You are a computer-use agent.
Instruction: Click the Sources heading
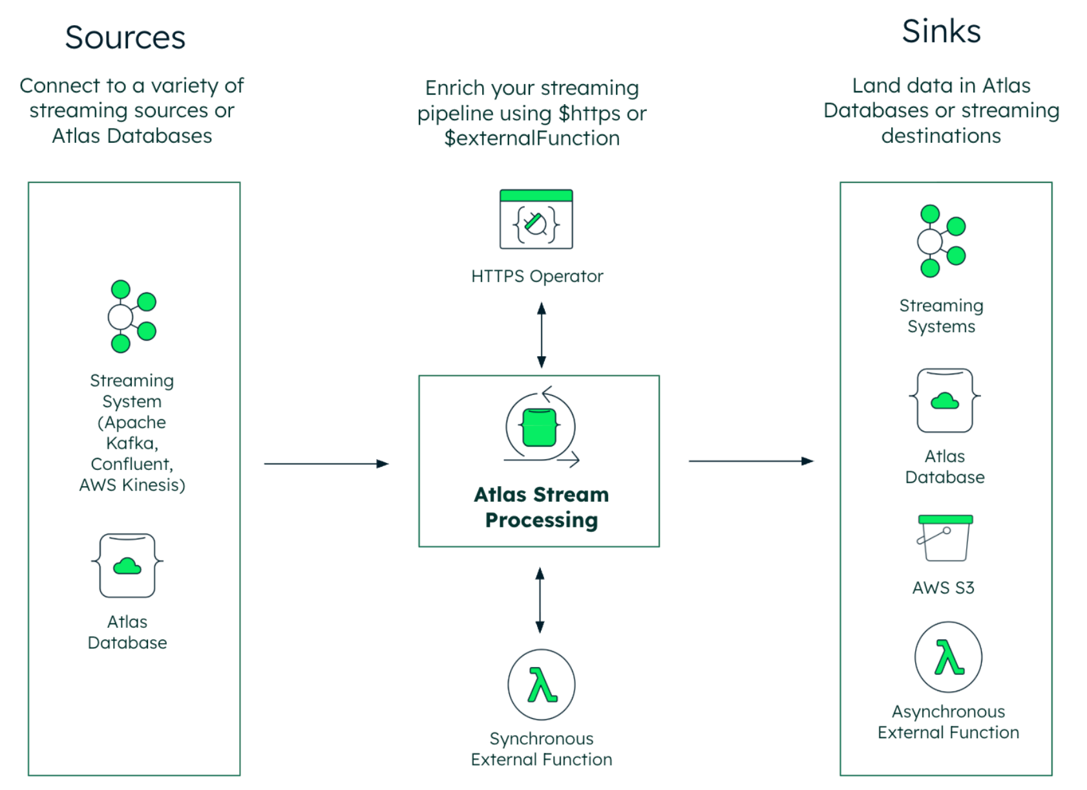tap(125, 37)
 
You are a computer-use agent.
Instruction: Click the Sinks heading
tap(941, 32)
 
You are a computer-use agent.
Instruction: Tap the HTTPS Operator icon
tap(536, 220)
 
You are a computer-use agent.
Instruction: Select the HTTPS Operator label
tap(536, 276)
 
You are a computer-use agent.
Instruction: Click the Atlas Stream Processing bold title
tap(541, 507)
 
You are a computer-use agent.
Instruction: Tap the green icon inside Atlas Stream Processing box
tap(540, 427)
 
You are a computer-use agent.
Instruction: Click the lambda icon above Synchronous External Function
tap(542, 685)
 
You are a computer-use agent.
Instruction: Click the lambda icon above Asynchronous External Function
tap(948, 657)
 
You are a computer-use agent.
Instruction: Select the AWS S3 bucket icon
tap(944, 538)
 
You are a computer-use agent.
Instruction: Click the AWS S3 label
tap(943, 588)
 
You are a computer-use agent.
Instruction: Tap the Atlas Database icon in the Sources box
tap(127, 566)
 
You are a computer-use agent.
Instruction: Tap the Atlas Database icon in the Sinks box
tap(944, 401)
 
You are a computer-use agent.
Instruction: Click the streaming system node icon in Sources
tap(131, 317)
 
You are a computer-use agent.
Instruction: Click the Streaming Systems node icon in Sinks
tap(940, 241)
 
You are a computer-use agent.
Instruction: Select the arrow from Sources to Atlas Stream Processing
tap(326, 464)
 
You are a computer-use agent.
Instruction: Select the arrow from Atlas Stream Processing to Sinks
tap(750, 461)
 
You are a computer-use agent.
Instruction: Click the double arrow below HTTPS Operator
tap(542, 336)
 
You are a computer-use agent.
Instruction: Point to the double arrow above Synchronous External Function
tap(540, 600)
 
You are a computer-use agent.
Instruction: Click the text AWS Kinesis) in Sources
tap(132, 485)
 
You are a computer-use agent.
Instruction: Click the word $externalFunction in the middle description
tap(531, 138)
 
